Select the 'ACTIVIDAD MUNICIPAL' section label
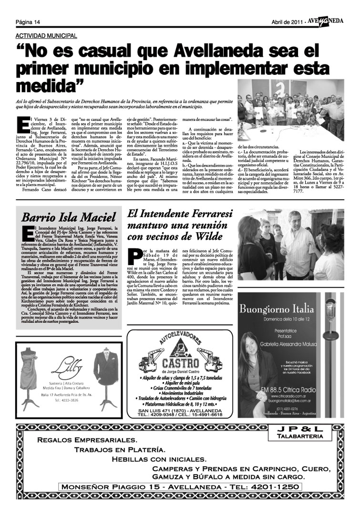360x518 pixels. tap(46, 36)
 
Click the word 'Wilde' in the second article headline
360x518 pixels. tap(207, 236)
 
